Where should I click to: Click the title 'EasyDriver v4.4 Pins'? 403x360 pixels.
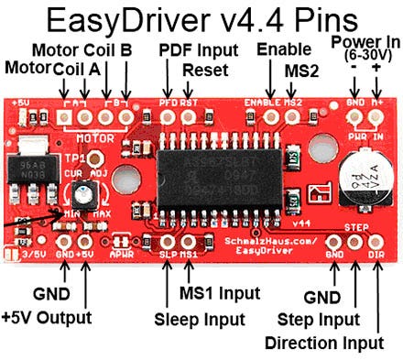[201, 19]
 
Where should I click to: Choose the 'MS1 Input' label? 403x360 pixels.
[218, 294]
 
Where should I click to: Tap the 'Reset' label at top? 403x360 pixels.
[199, 69]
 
